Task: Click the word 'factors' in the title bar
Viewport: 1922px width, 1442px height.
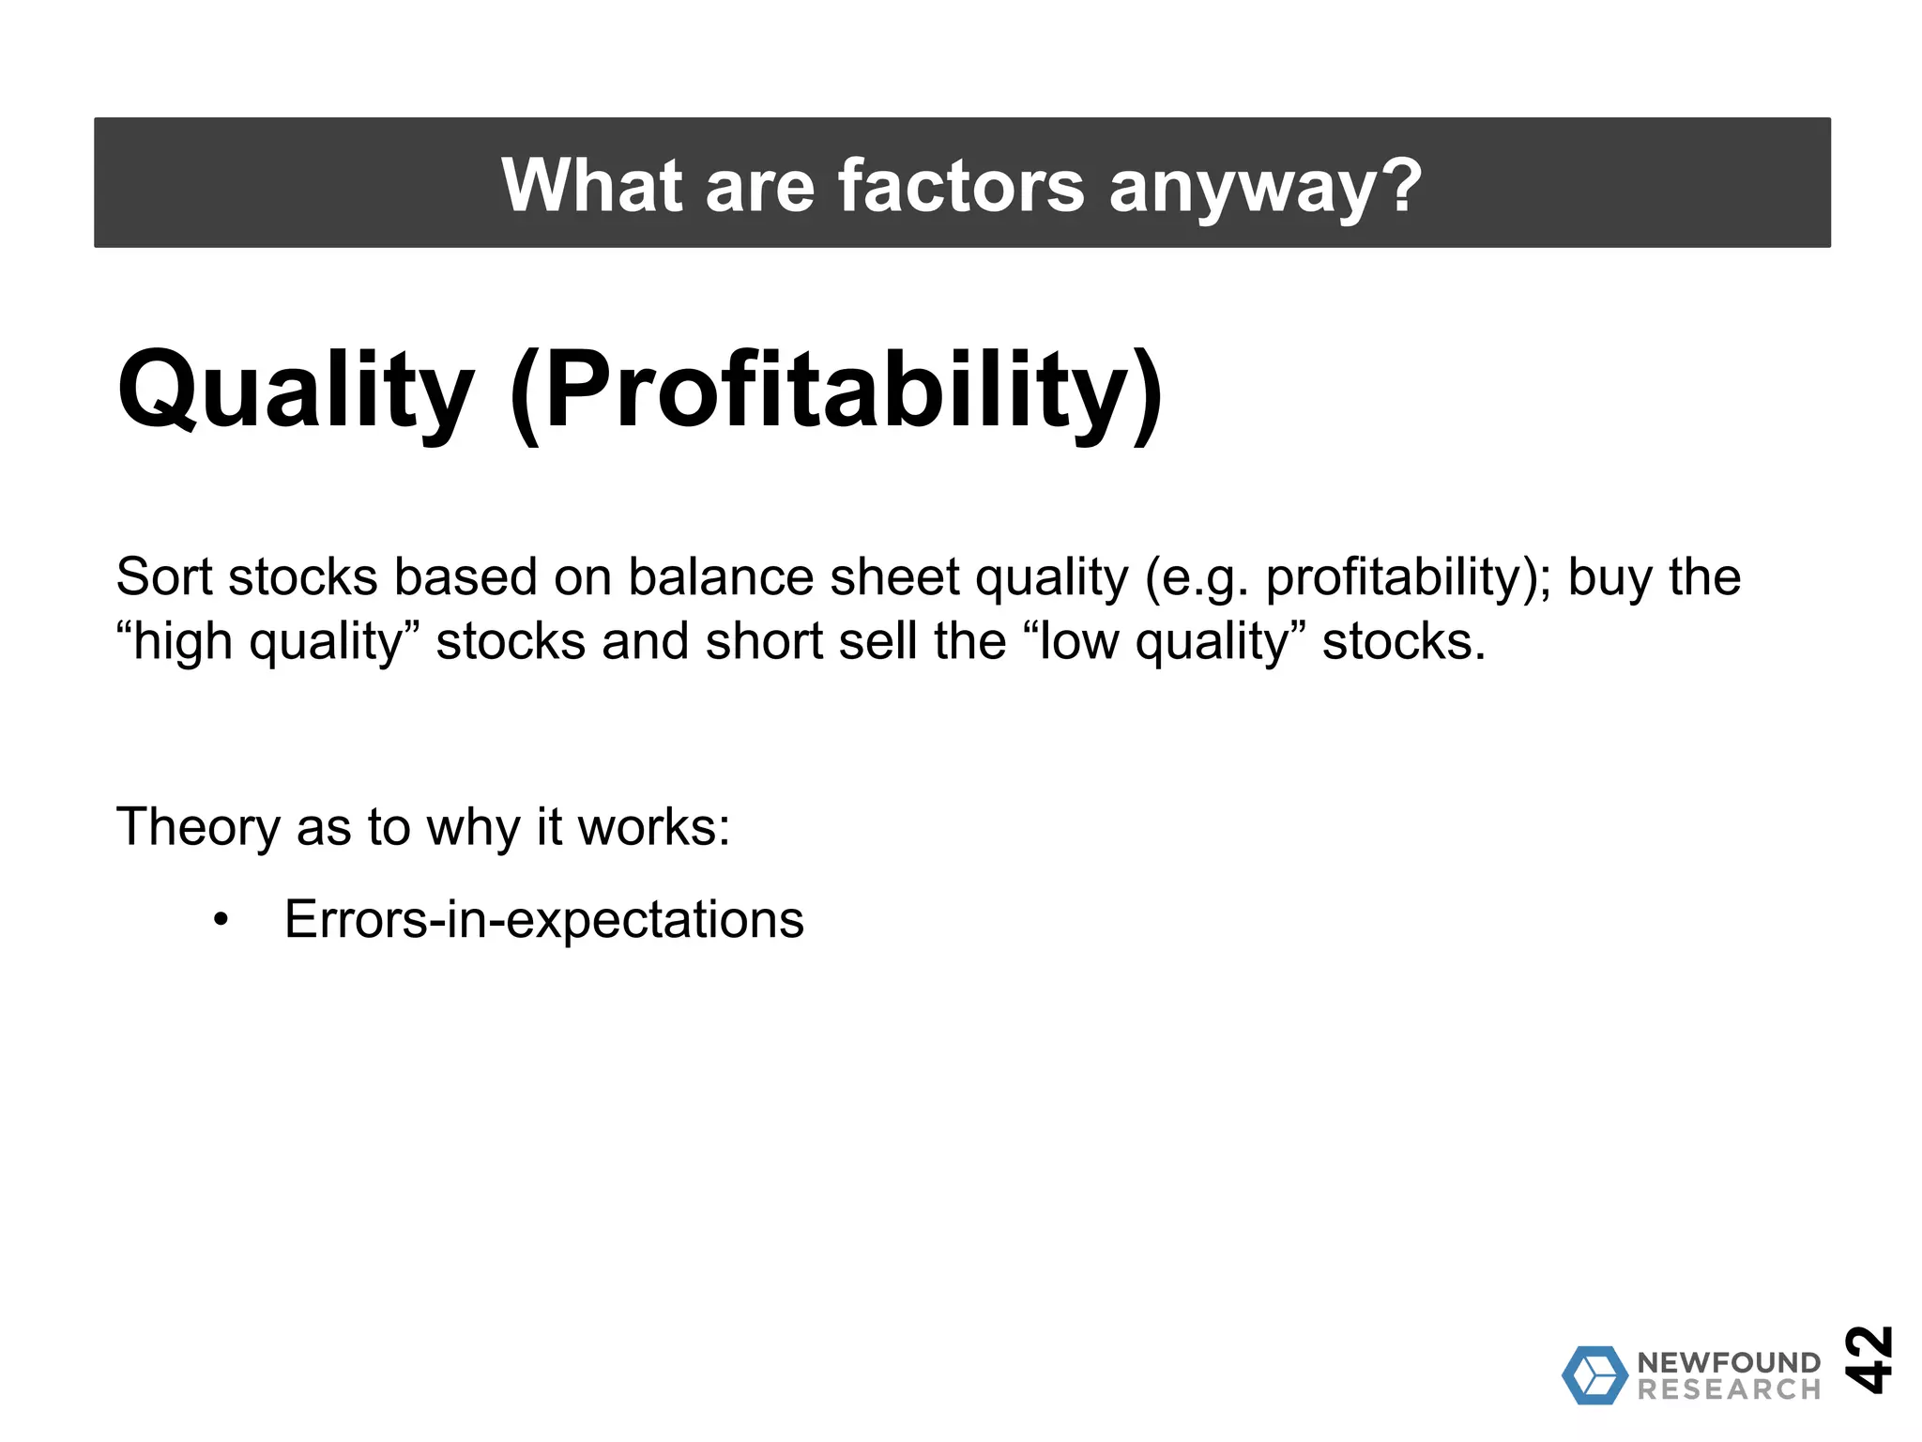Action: pyautogui.click(x=960, y=185)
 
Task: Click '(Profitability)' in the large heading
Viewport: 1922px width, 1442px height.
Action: pyautogui.click(x=836, y=391)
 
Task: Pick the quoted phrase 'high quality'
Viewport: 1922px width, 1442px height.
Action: pyautogui.click(x=267, y=642)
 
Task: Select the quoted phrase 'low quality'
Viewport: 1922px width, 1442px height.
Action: pyautogui.click(x=1164, y=642)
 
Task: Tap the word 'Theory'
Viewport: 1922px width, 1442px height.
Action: pyautogui.click(x=198, y=827)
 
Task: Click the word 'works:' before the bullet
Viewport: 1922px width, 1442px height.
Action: pyautogui.click(x=653, y=827)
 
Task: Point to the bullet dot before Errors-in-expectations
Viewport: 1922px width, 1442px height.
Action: pyautogui.click(x=221, y=920)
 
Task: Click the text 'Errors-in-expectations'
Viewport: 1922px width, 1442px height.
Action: pyautogui.click(x=544, y=920)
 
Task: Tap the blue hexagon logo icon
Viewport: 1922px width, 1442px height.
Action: pyautogui.click(x=1594, y=1375)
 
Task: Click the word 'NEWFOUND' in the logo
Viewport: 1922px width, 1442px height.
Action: pyautogui.click(x=1729, y=1362)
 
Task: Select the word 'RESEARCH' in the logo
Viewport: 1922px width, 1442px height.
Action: pyautogui.click(x=1729, y=1389)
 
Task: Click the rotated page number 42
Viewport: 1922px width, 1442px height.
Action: pyautogui.click(x=1868, y=1358)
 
